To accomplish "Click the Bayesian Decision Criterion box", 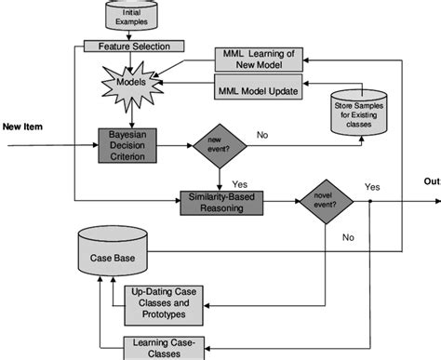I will tap(131, 144).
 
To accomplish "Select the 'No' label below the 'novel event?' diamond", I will tap(348, 238).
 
